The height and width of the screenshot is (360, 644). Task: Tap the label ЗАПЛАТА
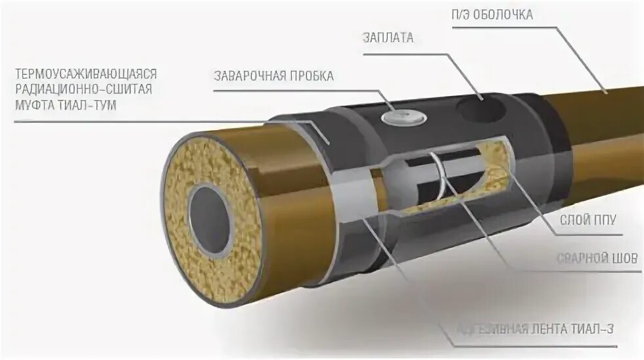click(x=388, y=37)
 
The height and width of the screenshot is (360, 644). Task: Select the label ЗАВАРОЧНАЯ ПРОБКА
click(x=274, y=76)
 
